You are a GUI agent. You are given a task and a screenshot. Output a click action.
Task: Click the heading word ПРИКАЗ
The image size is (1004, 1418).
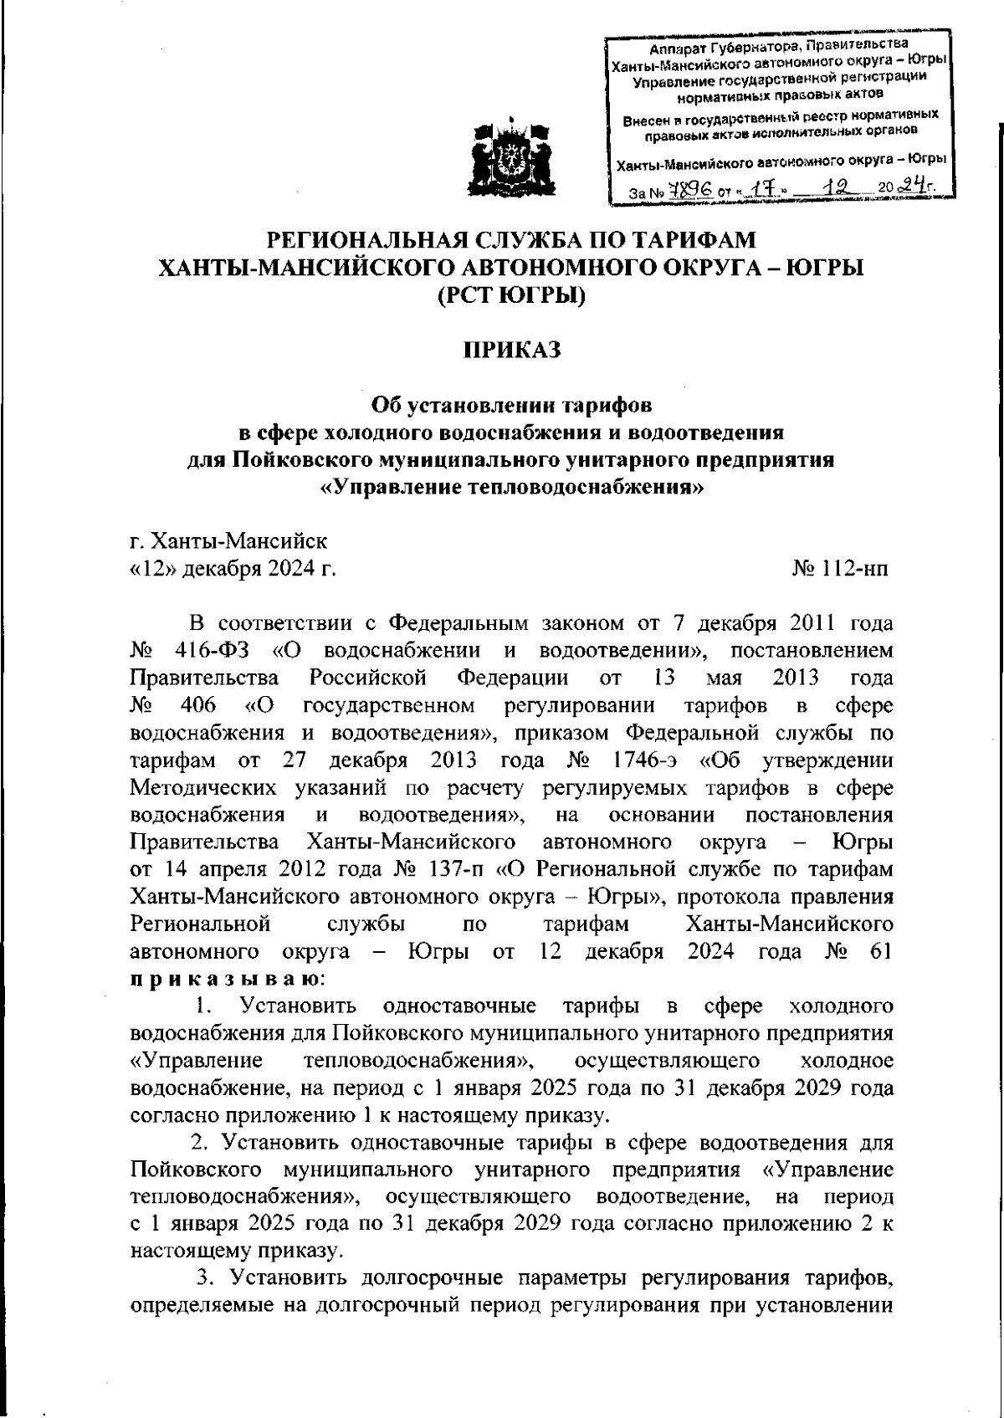point(511,349)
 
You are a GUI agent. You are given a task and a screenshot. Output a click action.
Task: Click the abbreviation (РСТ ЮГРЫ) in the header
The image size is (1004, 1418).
point(511,295)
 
